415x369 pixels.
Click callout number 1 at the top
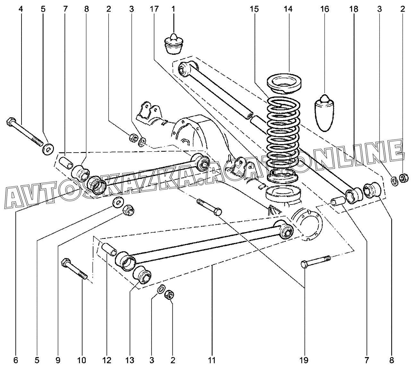(x=173, y=9)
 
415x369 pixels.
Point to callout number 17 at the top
(x=154, y=9)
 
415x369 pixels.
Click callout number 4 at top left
(x=21, y=9)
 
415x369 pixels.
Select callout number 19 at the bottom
(x=304, y=360)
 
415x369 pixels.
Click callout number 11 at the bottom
(x=211, y=360)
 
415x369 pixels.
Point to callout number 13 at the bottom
(x=130, y=360)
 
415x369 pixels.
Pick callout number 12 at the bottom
(x=107, y=360)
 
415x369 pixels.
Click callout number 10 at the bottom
(x=82, y=360)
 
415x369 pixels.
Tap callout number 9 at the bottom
(x=58, y=360)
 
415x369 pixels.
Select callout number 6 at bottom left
(x=16, y=360)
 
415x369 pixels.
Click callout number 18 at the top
(x=354, y=9)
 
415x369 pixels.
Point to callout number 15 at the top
(x=254, y=9)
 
